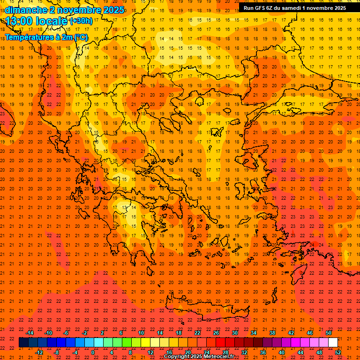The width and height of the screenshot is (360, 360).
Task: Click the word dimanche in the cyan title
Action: pos(25,10)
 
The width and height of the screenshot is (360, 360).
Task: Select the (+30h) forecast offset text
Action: pos(81,21)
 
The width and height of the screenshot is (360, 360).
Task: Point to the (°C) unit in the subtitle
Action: pos(81,37)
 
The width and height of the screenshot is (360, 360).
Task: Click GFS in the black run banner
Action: pos(262,8)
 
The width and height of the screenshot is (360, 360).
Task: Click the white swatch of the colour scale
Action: pos(333,343)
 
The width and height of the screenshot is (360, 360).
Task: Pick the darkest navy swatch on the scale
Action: pos(23,343)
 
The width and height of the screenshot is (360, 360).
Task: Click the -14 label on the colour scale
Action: pos(30,333)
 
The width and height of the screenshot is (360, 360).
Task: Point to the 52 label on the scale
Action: pos(338,352)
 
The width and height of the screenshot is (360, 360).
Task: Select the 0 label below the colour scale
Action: pos(93,352)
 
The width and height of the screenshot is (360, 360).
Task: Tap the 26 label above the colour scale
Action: pos(216,333)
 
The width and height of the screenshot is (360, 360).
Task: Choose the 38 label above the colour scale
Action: pos(272,333)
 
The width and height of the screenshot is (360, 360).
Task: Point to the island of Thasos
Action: pos(200,102)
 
